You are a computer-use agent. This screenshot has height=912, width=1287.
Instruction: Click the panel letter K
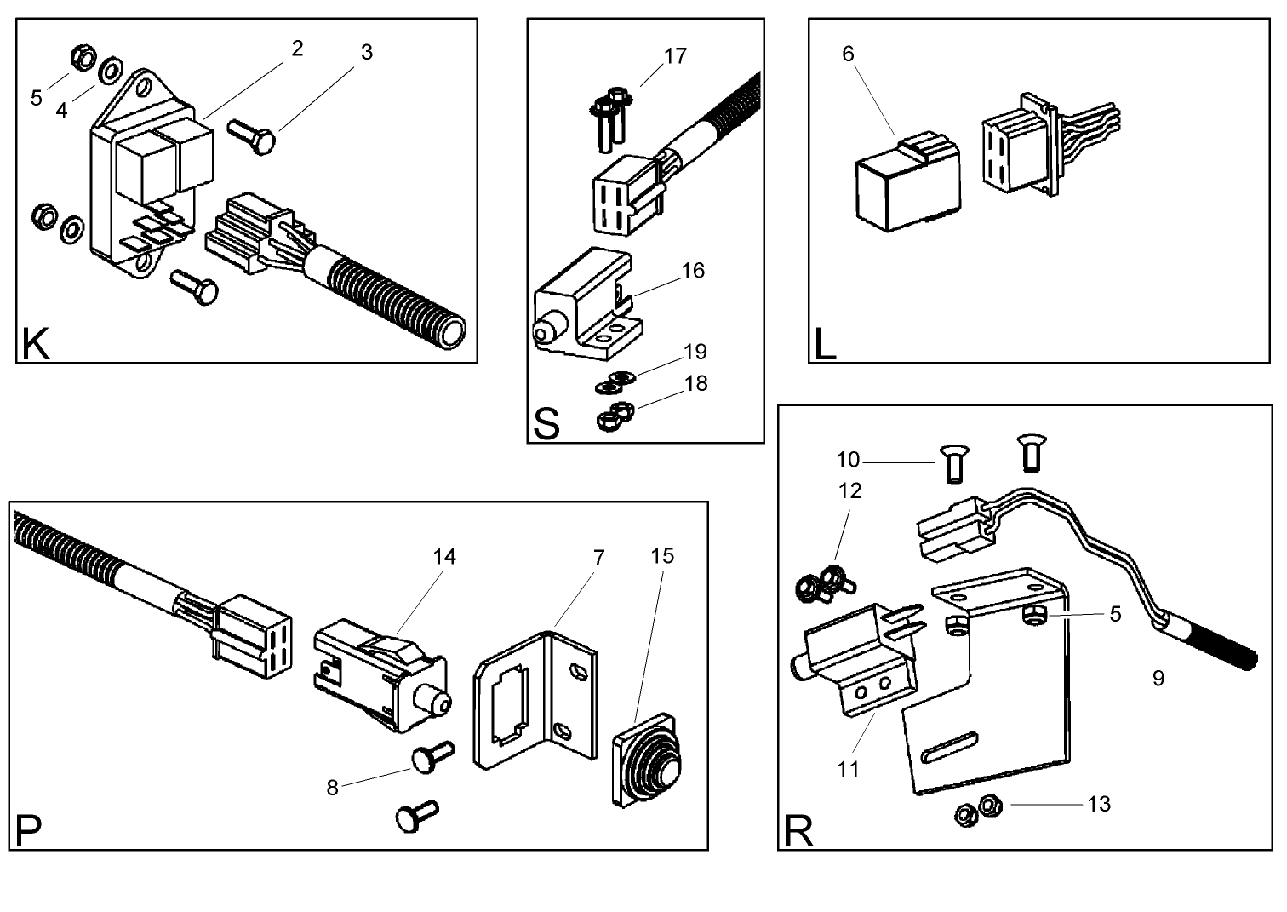click(35, 345)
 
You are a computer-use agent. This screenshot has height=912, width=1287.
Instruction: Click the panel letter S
click(546, 423)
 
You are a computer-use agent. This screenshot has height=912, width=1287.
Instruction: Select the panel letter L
click(825, 345)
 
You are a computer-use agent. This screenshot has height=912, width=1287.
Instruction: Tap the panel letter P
click(28, 831)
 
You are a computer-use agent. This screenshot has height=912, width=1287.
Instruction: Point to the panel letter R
click(798, 831)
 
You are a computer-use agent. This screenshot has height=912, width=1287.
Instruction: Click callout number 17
click(675, 56)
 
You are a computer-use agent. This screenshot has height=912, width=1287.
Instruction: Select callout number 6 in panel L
click(848, 54)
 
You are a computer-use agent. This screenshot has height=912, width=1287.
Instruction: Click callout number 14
click(444, 557)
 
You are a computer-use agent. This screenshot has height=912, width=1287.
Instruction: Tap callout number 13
click(1099, 804)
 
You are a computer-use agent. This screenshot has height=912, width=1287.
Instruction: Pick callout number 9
click(1158, 678)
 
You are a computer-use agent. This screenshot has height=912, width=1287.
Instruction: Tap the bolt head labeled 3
click(265, 140)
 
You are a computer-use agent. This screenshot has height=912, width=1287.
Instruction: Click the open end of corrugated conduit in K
click(450, 331)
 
